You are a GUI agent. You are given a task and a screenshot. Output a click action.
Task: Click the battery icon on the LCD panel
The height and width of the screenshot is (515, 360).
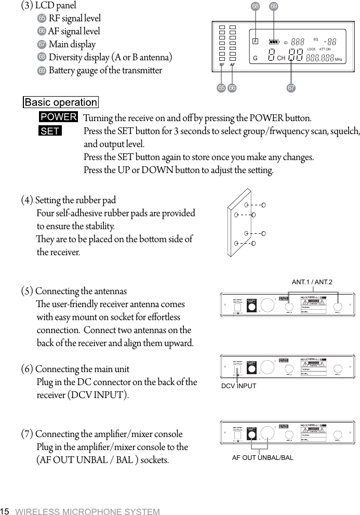click(x=274, y=42)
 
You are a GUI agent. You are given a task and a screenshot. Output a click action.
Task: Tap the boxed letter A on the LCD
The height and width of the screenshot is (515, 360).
click(x=256, y=42)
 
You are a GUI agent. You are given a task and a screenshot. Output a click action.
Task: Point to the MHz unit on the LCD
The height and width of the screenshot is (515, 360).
click(x=339, y=59)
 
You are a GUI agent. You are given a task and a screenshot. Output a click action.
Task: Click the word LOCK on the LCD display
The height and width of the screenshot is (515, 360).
click(x=312, y=49)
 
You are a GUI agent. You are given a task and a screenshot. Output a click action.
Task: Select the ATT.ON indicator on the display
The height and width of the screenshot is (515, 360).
click(x=328, y=49)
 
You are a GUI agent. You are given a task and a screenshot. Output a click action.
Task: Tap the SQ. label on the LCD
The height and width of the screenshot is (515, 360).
click(x=316, y=38)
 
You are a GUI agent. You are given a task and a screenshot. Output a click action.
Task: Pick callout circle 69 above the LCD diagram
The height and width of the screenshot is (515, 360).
click(x=274, y=7)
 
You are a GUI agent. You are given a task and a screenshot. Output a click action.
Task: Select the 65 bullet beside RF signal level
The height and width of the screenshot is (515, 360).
click(x=42, y=18)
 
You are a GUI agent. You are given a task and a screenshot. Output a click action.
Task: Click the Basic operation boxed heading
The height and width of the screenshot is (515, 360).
click(x=61, y=102)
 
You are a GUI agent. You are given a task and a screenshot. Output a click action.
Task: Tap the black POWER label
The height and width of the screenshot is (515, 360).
click(x=59, y=117)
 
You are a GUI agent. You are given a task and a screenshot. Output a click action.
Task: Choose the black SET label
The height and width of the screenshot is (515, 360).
click(x=50, y=131)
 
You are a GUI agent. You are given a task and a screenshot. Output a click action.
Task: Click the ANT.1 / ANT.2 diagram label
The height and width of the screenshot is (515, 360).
click(x=312, y=282)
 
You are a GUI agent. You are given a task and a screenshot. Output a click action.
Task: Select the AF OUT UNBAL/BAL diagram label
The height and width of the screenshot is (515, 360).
click(x=262, y=457)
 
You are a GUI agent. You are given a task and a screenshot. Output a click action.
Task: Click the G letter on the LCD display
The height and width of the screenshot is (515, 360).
click(x=255, y=58)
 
